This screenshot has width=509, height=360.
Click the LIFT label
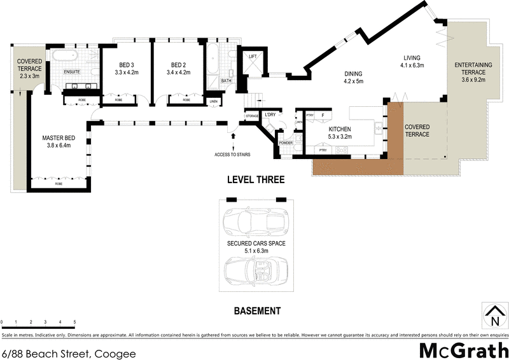[x=253, y=57]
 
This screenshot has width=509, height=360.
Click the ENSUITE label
[x=72, y=71]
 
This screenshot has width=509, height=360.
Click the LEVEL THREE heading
[x=256, y=180]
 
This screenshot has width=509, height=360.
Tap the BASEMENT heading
[x=257, y=311]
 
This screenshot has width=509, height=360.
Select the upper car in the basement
[x=256, y=222]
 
